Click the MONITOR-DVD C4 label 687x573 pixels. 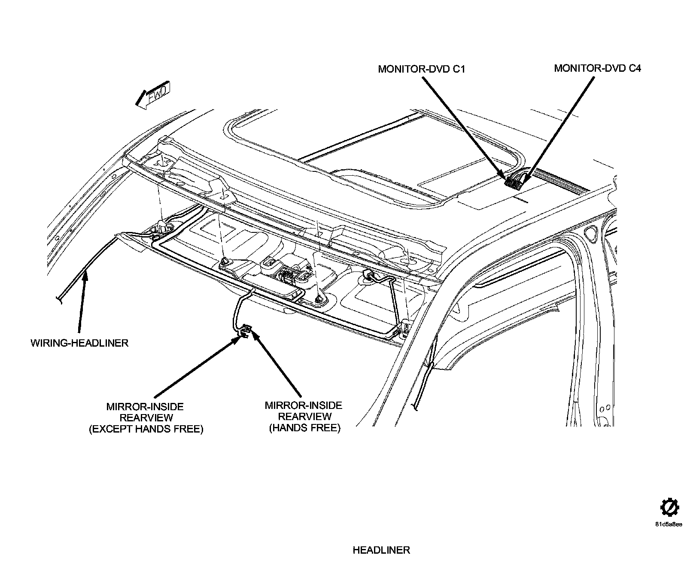pos(597,68)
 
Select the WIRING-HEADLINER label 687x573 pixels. pos(79,343)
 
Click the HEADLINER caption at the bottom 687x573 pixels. pos(381,550)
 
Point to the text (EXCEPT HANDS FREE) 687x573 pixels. pos(146,429)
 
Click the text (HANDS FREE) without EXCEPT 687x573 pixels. pos(304,428)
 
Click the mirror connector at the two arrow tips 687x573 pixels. pos(245,331)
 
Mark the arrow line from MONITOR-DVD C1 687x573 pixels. pos(464,125)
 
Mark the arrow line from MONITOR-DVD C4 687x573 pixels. pos(562,125)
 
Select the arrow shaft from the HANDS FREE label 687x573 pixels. pos(277,365)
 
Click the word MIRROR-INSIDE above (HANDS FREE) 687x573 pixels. pos(303,405)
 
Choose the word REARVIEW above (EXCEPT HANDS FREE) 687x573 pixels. pos(146,418)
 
